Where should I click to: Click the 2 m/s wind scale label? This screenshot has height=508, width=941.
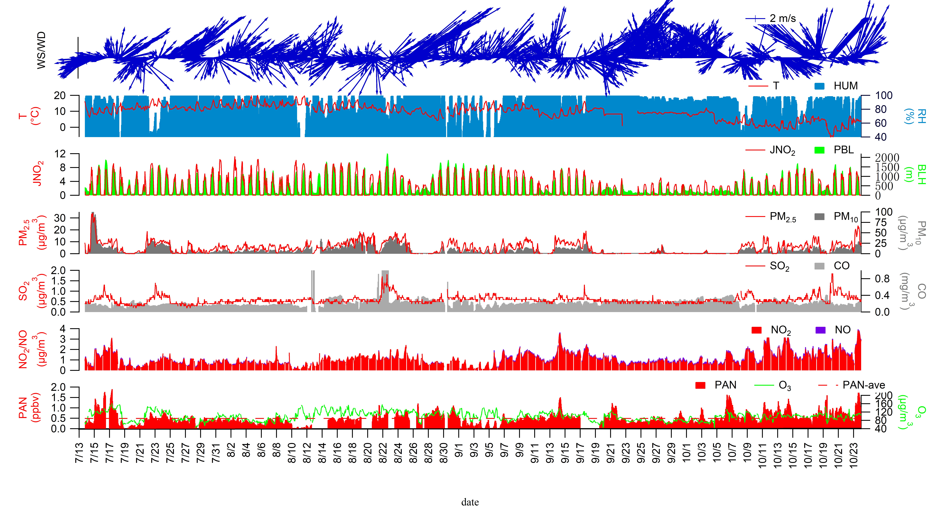782,18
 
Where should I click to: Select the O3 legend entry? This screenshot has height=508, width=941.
773,385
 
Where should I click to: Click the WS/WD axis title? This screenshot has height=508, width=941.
41,50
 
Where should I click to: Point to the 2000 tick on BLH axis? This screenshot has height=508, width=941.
887,158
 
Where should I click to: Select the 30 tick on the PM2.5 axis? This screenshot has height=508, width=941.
60,218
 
